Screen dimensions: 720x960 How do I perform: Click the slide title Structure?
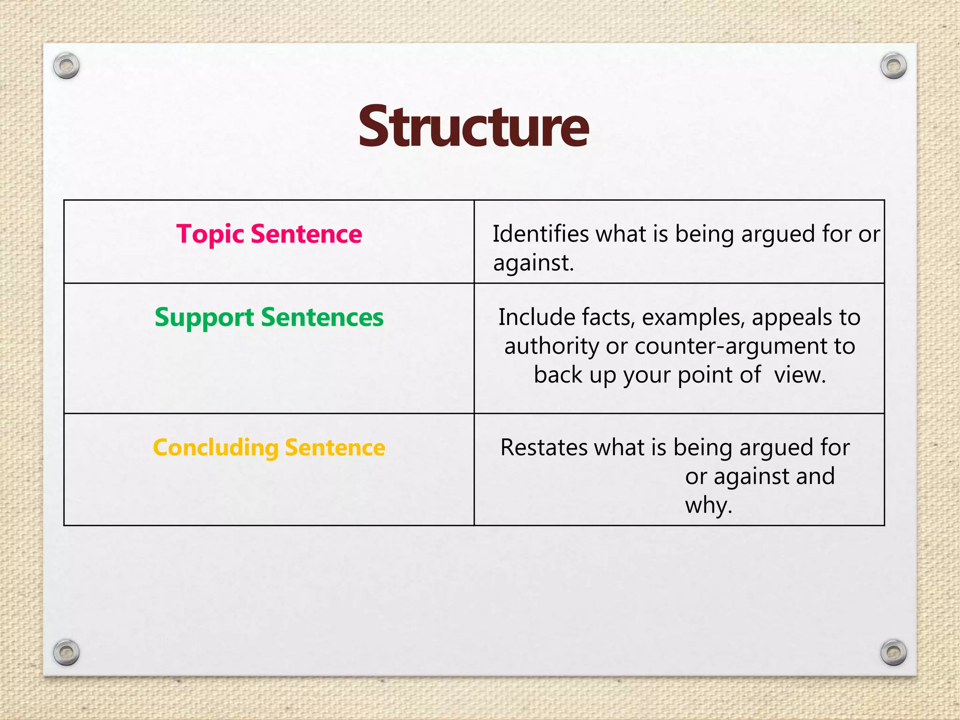click(x=473, y=127)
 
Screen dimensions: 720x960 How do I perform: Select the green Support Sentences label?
click(x=269, y=317)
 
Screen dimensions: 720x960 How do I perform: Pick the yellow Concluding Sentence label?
click(x=269, y=447)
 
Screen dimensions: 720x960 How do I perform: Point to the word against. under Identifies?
click(x=533, y=262)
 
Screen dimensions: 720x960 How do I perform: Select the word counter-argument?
click(x=731, y=346)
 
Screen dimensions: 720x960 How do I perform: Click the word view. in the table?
click(x=800, y=375)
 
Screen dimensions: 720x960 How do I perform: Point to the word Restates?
click(x=543, y=447)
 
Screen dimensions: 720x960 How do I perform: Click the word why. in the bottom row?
click(x=708, y=505)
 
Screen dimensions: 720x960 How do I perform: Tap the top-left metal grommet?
click(x=67, y=66)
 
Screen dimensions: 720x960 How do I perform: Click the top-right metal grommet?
click(x=893, y=66)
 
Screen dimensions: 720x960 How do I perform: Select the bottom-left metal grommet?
click(x=67, y=652)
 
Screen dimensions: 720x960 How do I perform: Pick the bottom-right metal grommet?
click(x=893, y=652)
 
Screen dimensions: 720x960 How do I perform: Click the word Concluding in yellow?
click(x=216, y=447)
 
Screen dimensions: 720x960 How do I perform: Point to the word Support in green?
click(x=204, y=318)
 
